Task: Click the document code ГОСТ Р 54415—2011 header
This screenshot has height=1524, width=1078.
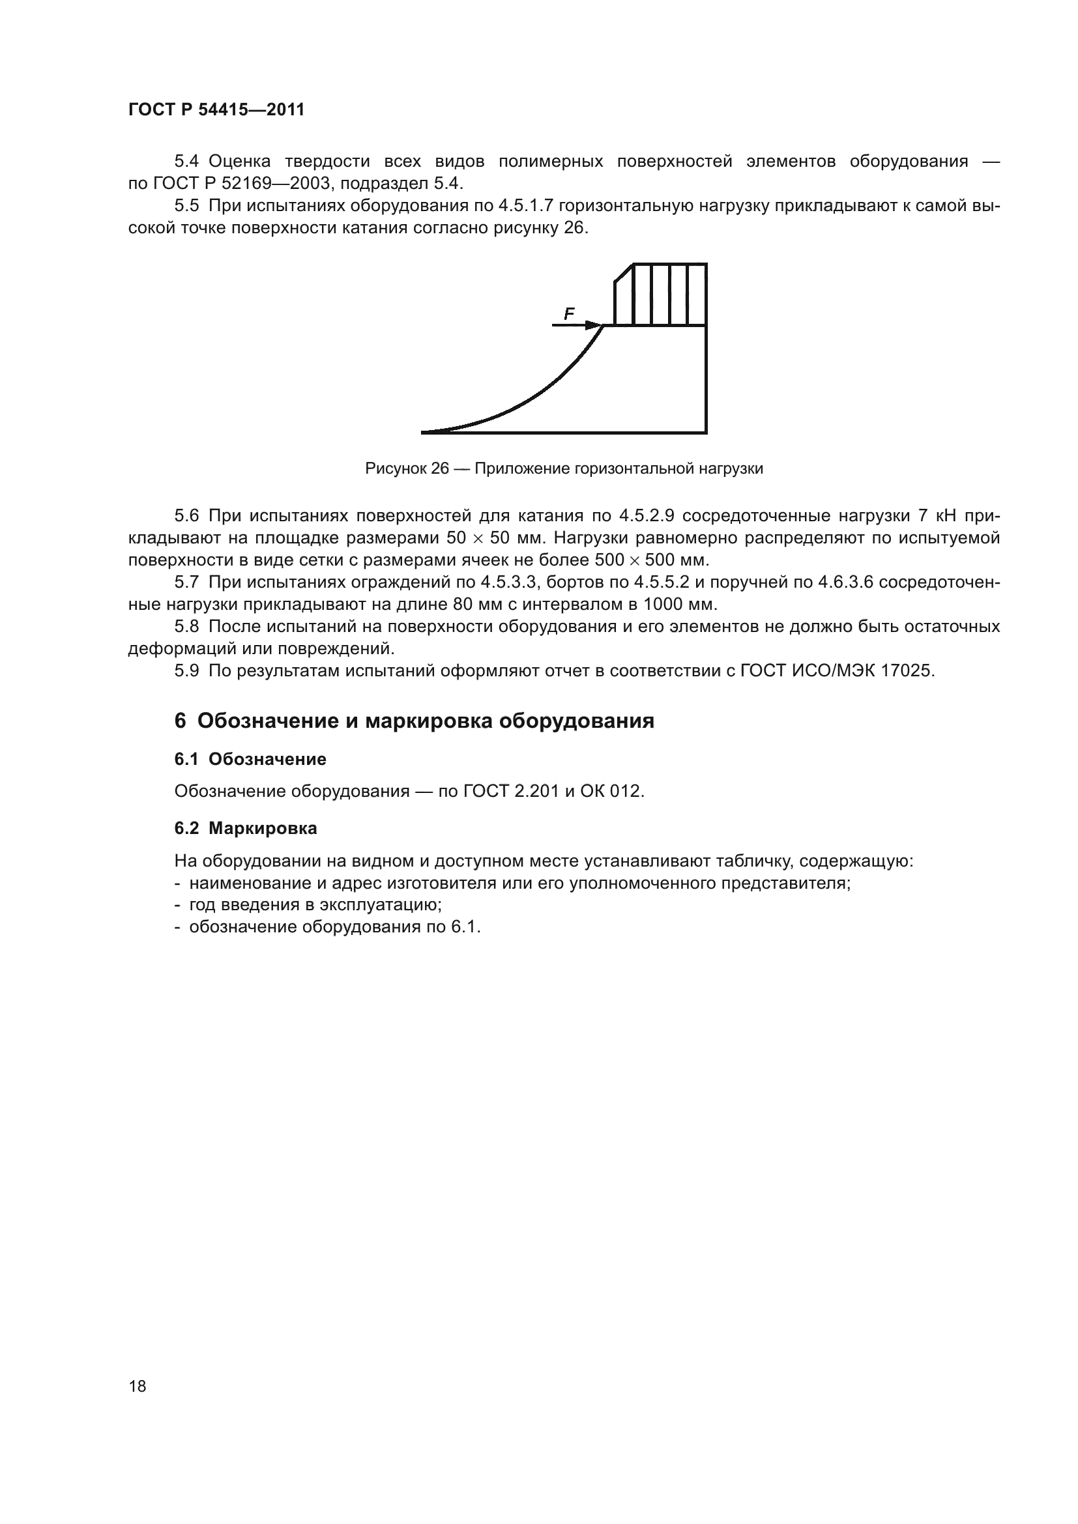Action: [216, 109]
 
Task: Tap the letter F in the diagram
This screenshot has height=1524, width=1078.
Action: [569, 314]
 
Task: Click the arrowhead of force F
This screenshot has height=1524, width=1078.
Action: [594, 325]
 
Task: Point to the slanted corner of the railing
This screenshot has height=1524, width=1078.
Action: [623, 273]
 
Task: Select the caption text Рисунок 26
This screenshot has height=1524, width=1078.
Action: [407, 468]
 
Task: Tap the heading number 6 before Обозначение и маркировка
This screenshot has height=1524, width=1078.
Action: [180, 721]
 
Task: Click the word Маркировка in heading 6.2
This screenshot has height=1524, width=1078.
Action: [262, 828]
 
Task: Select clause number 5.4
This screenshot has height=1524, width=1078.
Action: [186, 162]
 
